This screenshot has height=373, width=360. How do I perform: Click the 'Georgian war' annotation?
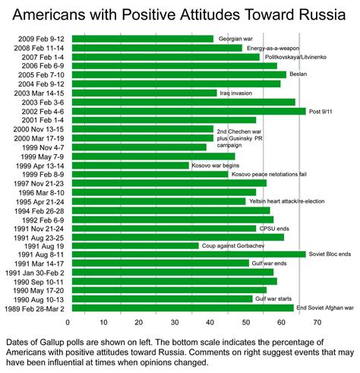tap(236, 39)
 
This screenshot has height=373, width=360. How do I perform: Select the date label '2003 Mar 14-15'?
tap(49, 93)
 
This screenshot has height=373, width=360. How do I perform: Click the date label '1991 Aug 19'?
tap(55, 245)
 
